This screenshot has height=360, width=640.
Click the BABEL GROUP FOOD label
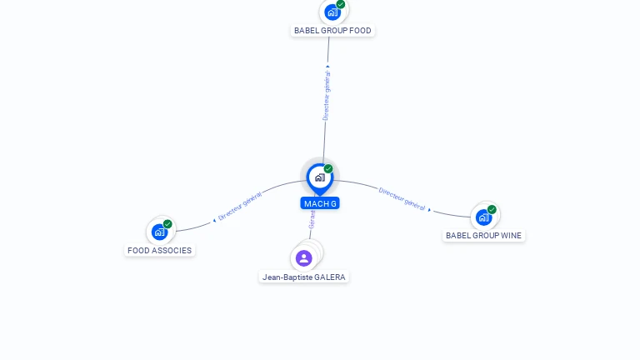pyautogui.click(x=332, y=31)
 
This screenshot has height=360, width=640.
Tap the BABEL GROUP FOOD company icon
pyautogui.click(x=332, y=12)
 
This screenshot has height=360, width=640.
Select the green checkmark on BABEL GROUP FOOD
pyautogui.click(x=341, y=4)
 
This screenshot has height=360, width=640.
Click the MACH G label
pyautogui.click(x=320, y=203)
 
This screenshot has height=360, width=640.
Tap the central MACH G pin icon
pyautogui.click(x=319, y=177)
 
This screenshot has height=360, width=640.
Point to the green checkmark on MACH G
pyautogui.click(x=328, y=169)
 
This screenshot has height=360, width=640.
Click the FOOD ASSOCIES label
pyautogui.click(x=159, y=250)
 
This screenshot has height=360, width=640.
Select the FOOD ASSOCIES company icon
pyautogui.click(x=159, y=232)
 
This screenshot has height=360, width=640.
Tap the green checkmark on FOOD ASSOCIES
pyautogui.click(x=167, y=224)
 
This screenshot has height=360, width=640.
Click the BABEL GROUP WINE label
pyautogui.click(x=483, y=236)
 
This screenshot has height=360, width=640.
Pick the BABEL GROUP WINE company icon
pyautogui.click(x=483, y=217)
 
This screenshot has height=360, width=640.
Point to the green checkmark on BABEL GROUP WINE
pyautogui.click(x=492, y=209)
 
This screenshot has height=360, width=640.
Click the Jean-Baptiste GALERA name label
pyautogui.click(x=303, y=277)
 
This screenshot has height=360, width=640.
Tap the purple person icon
pyautogui.click(x=303, y=257)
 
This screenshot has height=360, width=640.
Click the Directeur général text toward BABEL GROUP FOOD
pyautogui.click(x=327, y=95)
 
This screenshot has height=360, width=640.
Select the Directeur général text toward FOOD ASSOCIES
pyautogui.click(x=240, y=206)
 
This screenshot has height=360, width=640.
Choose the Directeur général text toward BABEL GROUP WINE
pyautogui.click(x=402, y=198)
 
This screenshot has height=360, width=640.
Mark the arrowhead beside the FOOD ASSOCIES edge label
pyautogui.click(x=214, y=221)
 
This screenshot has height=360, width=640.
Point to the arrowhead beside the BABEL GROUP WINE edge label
pyautogui.click(x=430, y=210)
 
